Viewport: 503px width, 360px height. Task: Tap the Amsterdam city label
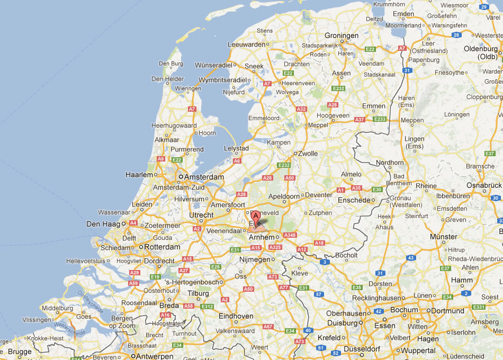(x=204, y=177)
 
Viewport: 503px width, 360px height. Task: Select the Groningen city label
(x=342, y=36)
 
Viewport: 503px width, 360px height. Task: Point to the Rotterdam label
(x=163, y=247)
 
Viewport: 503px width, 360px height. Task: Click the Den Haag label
(x=103, y=224)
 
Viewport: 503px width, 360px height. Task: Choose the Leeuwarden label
(x=246, y=45)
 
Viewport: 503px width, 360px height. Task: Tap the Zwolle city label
(x=308, y=154)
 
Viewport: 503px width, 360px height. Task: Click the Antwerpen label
(x=155, y=356)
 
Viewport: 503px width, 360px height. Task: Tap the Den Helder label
(x=167, y=79)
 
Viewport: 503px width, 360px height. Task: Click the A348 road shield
(x=290, y=235)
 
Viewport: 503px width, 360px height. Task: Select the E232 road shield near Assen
(x=338, y=88)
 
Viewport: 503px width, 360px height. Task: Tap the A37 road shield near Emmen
(x=360, y=120)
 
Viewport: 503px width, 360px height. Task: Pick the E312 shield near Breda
(x=207, y=307)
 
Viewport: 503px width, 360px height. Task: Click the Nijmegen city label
(x=254, y=260)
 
